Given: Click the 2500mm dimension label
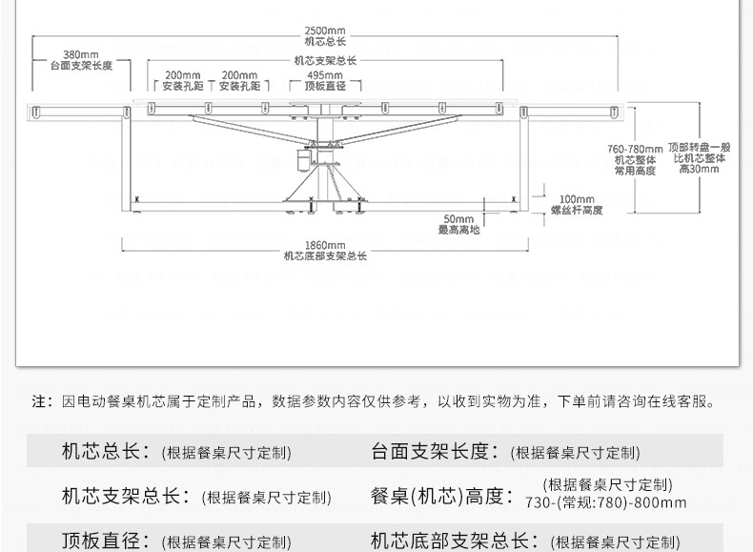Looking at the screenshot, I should click(325, 31).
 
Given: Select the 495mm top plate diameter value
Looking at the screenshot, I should click(325, 74).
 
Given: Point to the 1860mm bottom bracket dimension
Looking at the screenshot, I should click(325, 245).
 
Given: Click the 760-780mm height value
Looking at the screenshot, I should click(634, 149).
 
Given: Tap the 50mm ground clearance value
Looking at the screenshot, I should click(458, 219).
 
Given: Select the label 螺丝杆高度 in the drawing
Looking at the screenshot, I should click(577, 210).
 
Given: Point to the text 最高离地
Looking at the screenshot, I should click(458, 231).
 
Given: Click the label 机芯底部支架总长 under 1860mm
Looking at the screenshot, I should click(325, 256).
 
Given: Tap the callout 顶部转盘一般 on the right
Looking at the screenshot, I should click(700, 148).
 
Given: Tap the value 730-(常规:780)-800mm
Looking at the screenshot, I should click(606, 502).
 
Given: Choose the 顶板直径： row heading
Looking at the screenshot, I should click(105, 542).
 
